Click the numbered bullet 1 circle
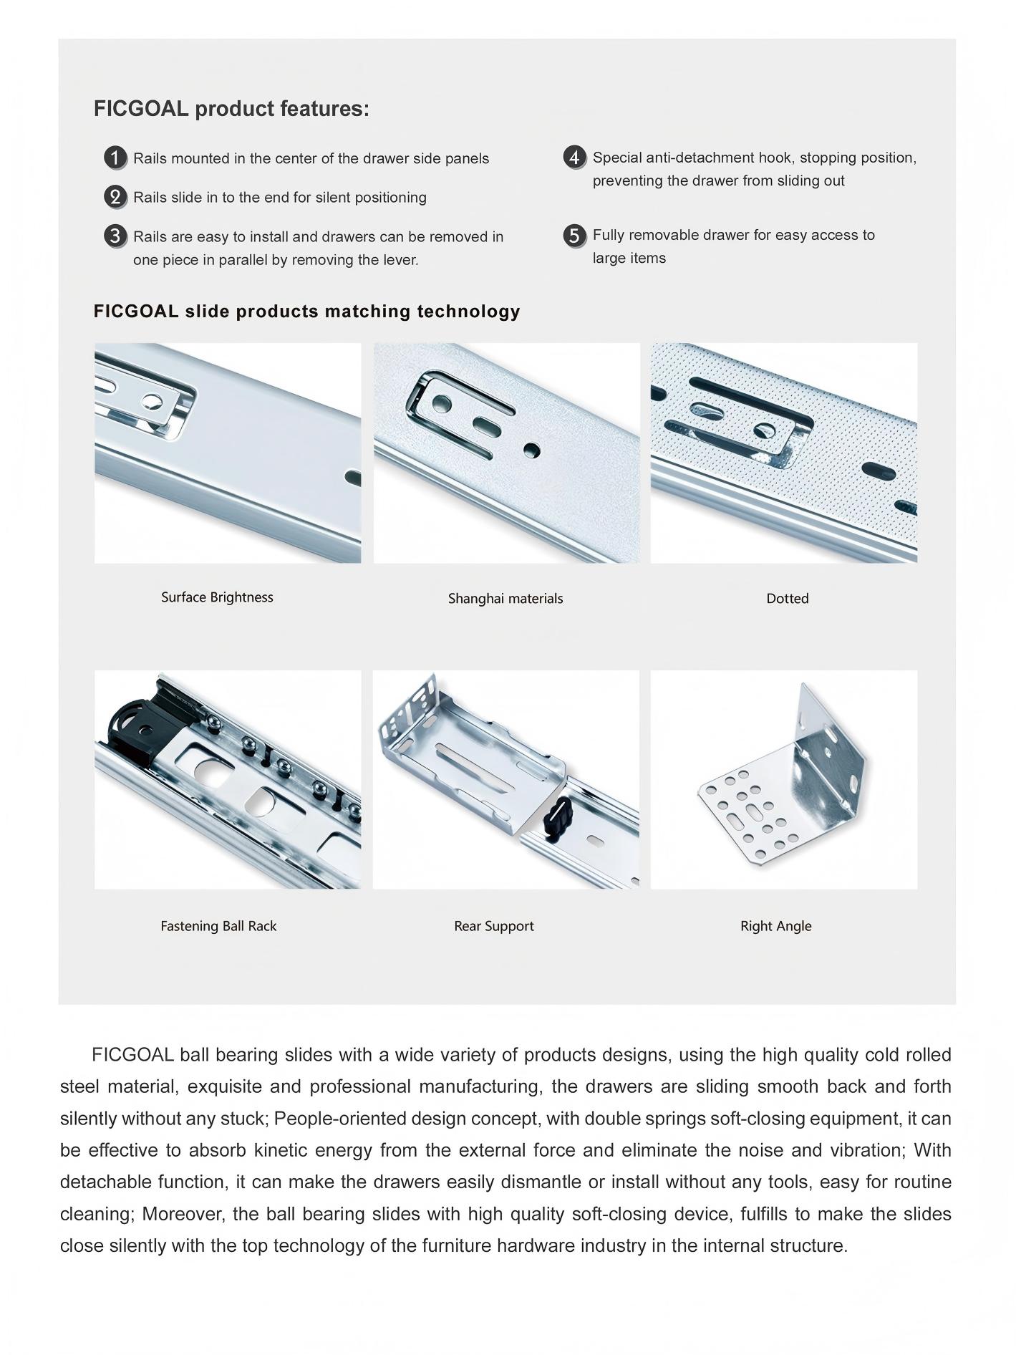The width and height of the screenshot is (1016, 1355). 115,158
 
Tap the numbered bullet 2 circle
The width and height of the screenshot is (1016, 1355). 115,196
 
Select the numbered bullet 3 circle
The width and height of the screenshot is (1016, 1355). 115,236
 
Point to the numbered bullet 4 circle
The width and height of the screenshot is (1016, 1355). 574,157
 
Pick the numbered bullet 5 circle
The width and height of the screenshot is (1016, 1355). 574,235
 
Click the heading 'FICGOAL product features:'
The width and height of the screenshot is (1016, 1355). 231,109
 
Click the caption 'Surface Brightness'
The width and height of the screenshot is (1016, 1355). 217,597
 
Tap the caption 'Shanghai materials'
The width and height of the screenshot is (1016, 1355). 505,599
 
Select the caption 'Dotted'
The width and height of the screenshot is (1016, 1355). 787,599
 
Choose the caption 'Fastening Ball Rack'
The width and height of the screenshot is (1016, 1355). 218,926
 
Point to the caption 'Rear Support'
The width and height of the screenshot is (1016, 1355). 494,926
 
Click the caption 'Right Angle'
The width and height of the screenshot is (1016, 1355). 775,926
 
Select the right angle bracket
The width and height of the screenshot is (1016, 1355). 788,781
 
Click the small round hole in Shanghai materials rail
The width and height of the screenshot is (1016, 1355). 531,450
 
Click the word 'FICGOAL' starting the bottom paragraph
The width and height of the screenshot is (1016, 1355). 133,1055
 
